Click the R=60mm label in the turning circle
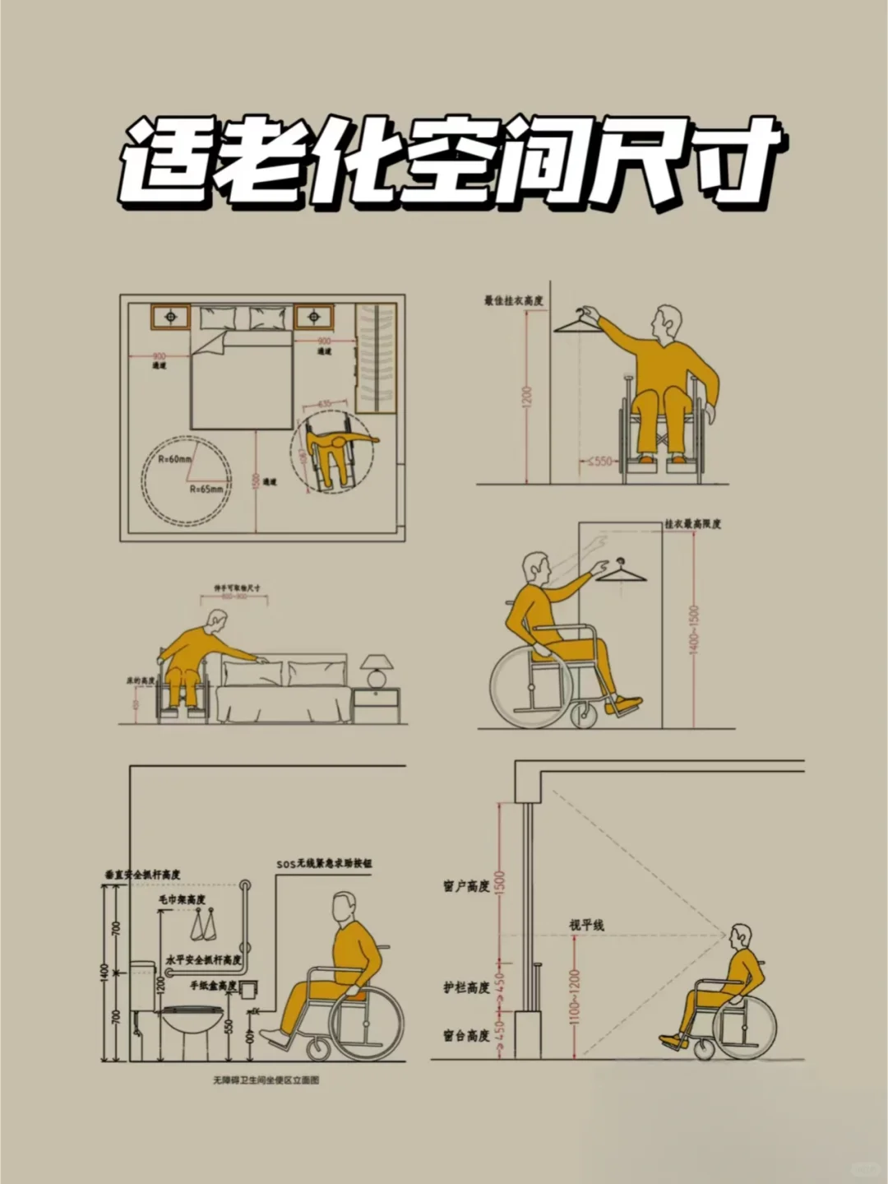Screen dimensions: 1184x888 coord(175,459)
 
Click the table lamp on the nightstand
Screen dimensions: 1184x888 coord(377,670)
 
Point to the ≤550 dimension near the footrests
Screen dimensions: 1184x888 coord(599,462)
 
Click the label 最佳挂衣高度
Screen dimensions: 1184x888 coord(513,301)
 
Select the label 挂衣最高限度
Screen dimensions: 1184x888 coord(692,523)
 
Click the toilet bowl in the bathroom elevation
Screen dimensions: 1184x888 coord(192,1026)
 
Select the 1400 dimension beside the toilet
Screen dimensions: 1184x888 coord(104,971)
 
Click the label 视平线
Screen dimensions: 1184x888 coord(587,925)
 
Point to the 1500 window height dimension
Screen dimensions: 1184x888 coord(501,885)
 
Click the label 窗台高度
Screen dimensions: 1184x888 coord(466,1035)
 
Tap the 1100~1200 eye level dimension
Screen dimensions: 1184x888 coord(574,996)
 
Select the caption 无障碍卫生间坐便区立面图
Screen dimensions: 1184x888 coord(266,1080)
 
